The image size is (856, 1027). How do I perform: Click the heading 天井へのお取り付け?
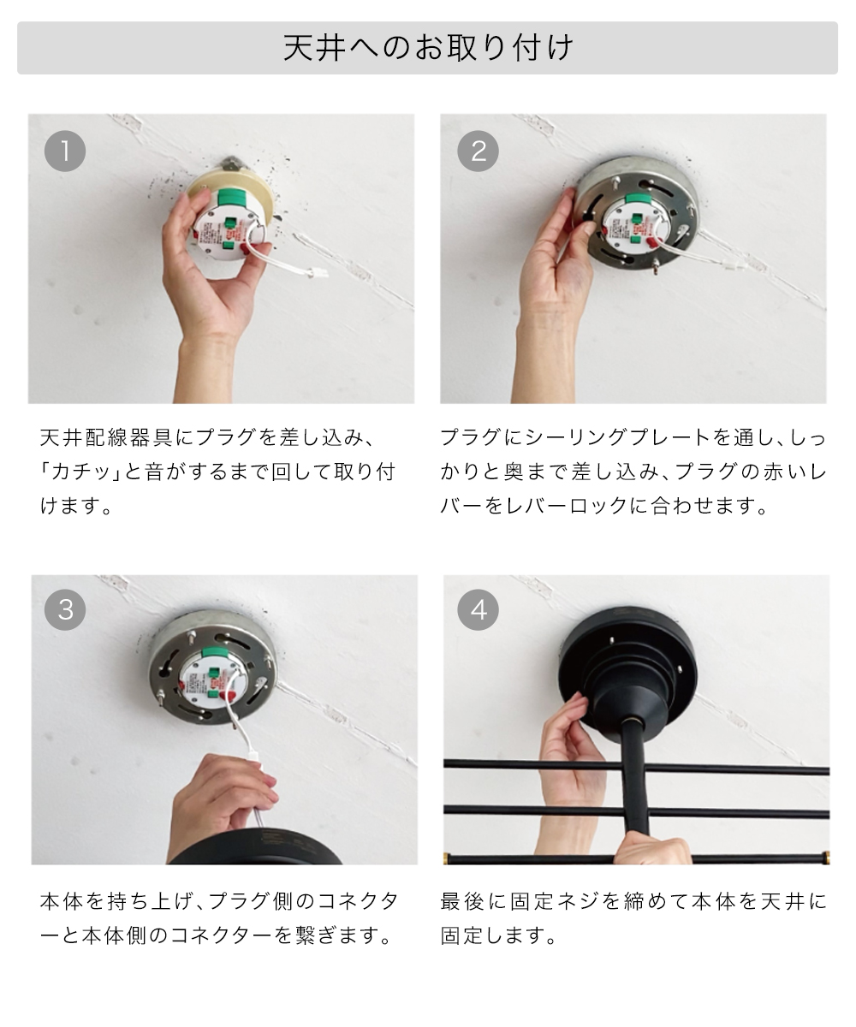point(427,48)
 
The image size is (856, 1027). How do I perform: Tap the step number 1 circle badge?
point(65,151)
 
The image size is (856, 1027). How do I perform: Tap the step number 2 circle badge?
point(478,151)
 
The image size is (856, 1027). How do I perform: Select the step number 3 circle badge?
point(65,610)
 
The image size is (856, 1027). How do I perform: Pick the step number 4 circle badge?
point(478,610)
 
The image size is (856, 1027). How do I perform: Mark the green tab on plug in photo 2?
point(637,200)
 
